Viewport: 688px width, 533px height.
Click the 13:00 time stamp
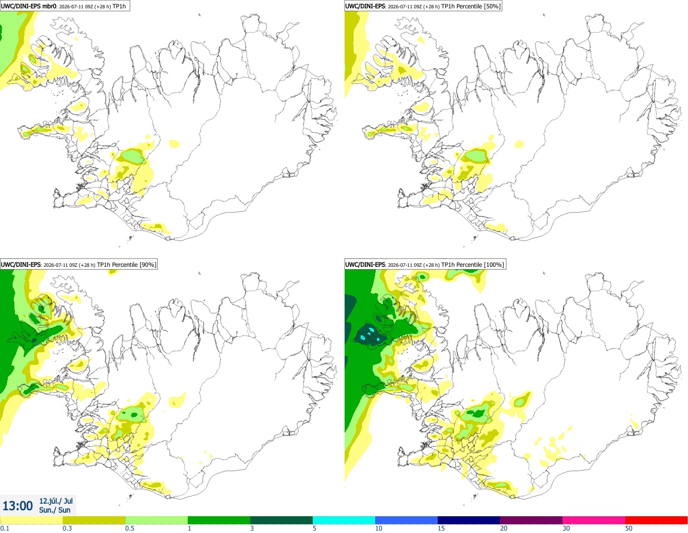pos(17,506)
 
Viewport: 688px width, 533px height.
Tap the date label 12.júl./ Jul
pos(56,501)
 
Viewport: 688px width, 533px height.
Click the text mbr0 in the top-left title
pos(49,6)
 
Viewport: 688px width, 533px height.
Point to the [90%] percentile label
pos(148,264)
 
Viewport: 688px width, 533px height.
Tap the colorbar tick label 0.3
pos(67,528)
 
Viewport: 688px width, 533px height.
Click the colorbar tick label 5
pos(315,528)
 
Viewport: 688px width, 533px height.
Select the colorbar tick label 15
pos(441,528)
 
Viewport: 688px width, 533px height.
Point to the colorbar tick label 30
pos(566,528)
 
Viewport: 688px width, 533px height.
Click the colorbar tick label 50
pos(629,528)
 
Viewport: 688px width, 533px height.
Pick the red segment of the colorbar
pos(656,520)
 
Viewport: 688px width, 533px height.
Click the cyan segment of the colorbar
pos(343,520)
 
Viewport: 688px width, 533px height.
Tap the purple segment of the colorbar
pos(531,520)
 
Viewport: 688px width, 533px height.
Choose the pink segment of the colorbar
pos(593,520)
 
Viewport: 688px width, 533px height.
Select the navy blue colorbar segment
pos(468,520)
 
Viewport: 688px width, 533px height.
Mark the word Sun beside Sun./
pos(65,510)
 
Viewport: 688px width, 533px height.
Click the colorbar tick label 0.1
pos(5,528)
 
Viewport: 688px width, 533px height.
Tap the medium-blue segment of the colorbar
pos(406,520)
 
